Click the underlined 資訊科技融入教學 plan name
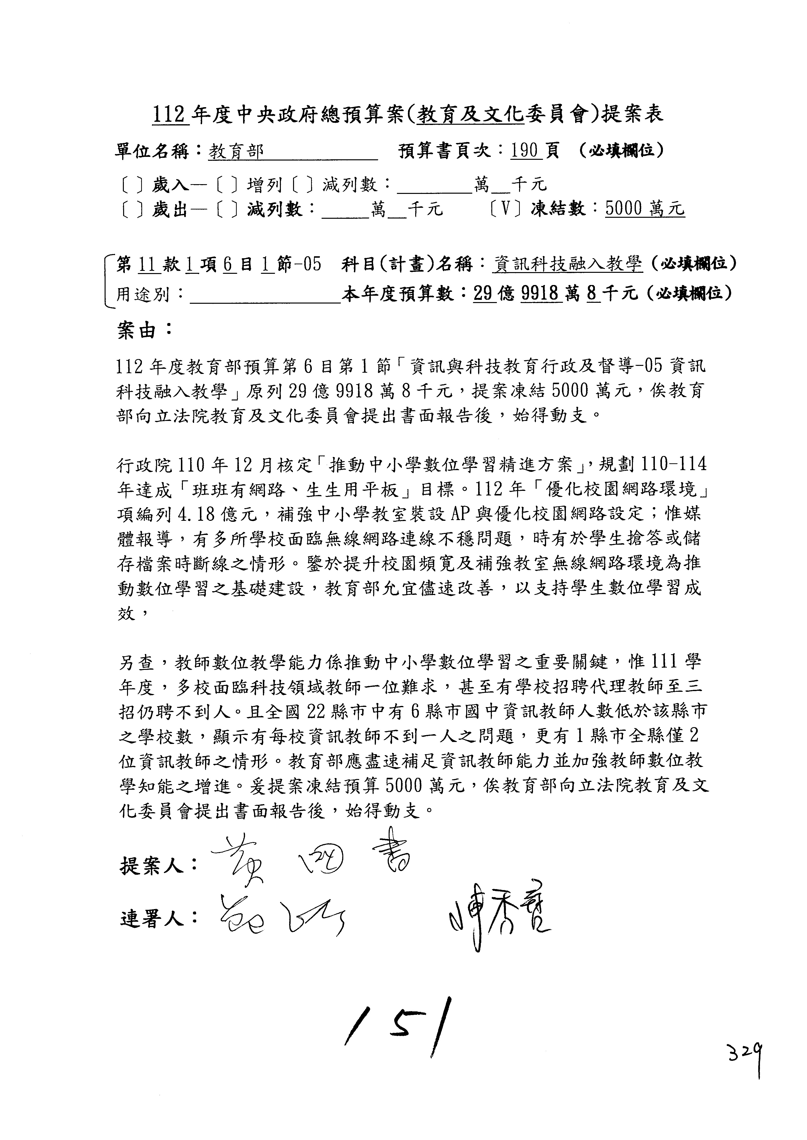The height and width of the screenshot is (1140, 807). pos(568,264)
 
